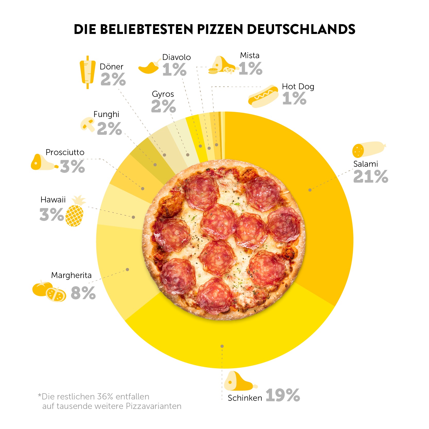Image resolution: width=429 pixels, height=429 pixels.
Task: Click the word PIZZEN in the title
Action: (x=220, y=29)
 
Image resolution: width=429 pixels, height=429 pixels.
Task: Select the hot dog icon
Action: (x=263, y=96)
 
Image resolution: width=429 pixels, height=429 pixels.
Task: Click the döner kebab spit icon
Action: (x=87, y=72)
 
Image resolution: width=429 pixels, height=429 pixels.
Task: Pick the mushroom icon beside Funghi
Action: (x=87, y=124)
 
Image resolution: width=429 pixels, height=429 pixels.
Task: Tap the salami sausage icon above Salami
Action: (x=368, y=149)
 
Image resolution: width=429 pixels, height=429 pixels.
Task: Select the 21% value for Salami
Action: (x=371, y=177)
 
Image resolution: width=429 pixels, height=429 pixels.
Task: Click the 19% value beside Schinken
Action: (x=283, y=395)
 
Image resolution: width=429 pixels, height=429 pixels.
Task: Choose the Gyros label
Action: (x=163, y=94)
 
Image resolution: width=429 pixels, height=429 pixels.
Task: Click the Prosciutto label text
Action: (x=65, y=152)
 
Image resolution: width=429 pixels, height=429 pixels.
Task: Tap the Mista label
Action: (x=250, y=55)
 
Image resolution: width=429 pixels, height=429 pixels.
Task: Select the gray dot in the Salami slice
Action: (x=310, y=190)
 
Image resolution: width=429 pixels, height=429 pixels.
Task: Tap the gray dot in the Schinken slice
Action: (x=222, y=346)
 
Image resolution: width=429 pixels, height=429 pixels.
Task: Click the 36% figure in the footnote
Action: (x=104, y=397)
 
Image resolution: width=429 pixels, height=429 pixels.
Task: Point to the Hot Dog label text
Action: (x=298, y=87)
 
